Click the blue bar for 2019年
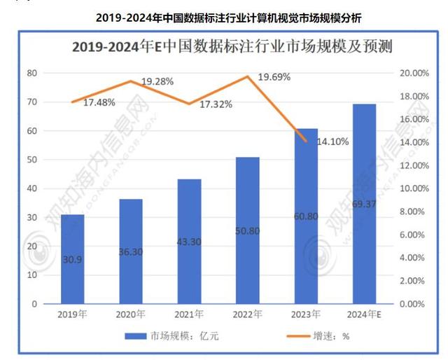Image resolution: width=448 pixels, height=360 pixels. (x=72, y=259)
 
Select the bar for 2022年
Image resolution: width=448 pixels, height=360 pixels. (x=248, y=230)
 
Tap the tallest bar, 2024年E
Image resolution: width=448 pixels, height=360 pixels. (x=364, y=204)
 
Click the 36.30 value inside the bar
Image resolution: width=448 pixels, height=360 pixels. (x=130, y=259)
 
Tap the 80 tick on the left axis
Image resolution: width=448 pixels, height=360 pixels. (x=31, y=73)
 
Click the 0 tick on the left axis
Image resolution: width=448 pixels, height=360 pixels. (x=34, y=304)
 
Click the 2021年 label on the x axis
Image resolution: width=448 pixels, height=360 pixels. (x=189, y=314)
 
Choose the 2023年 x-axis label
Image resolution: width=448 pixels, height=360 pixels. (x=306, y=314)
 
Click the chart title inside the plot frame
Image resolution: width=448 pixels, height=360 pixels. (x=232, y=48)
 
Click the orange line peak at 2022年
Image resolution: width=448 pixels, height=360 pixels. (x=248, y=76)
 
